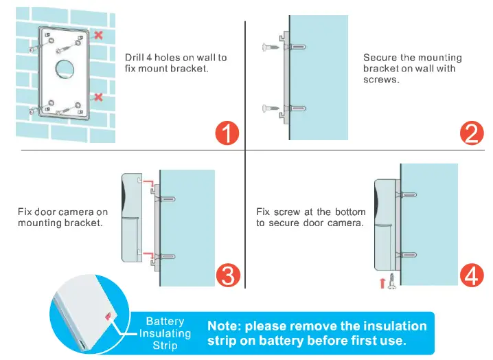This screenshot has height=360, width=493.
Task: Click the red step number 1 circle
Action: [227, 132]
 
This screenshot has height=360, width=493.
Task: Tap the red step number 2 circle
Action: [471, 132]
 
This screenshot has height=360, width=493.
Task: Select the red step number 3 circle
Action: [227, 275]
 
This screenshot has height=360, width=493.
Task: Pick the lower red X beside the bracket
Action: [99, 98]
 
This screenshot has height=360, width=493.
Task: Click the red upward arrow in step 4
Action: [382, 282]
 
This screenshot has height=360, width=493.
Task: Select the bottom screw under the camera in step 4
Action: [392, 282]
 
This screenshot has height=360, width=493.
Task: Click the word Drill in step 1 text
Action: [136, 58]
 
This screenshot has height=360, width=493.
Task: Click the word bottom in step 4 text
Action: [350, 212]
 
